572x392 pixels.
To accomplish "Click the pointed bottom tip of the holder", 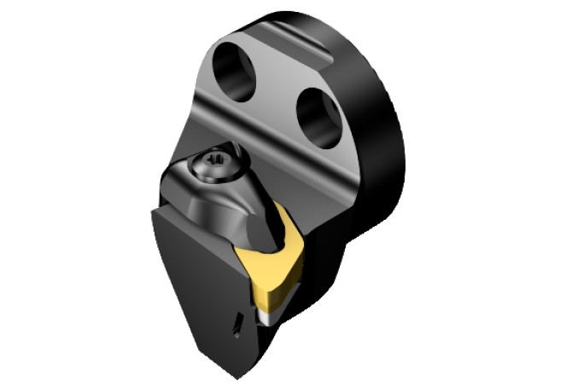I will pyautogui.click(x=233, y=374).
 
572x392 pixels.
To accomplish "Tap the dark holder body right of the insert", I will pyautogui.click(x=320, y=256).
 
